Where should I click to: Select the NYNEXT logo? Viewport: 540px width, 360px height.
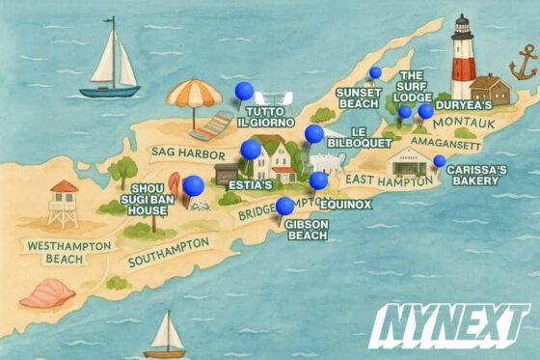[450, 325]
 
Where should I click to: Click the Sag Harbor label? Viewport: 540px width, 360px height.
[181, 152]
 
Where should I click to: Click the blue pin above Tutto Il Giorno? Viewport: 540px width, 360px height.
[244, 92]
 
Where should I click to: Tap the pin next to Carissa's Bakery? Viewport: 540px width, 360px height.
[440, 160]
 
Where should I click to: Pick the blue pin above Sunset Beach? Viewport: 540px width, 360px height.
[375, 72]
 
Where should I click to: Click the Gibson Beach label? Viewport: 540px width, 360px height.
[308, 230]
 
